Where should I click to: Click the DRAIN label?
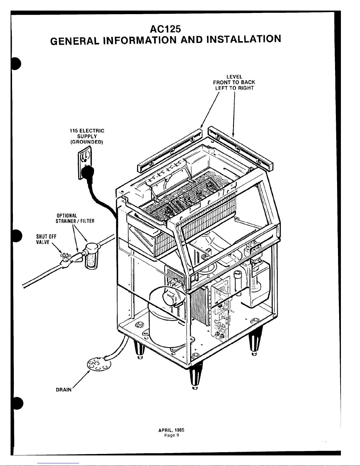[x=63, y=390]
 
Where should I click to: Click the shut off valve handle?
[x=64, y=256]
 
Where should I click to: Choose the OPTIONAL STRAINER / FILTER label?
[x=75, y=218]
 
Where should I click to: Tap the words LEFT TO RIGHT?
[x=234, y=88]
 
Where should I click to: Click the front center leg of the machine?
[x=194, y=377]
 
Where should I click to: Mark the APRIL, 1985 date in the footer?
[x=171, y=430]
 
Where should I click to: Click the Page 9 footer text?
[x=171, y=435]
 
